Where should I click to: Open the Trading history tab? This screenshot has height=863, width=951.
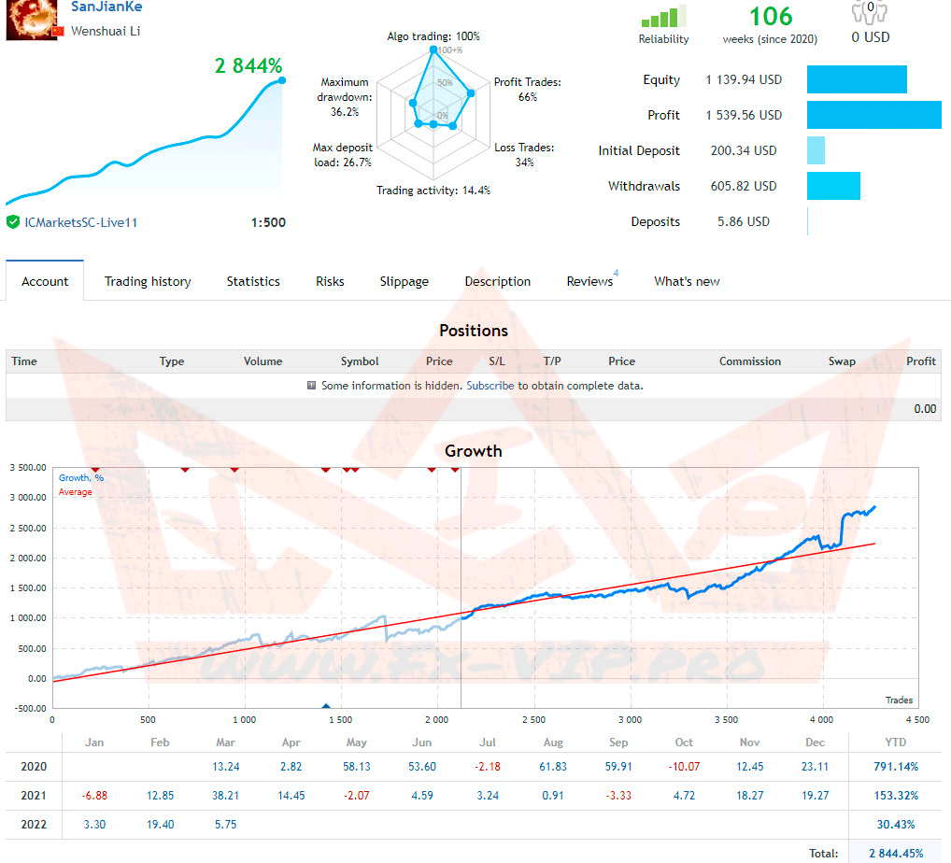(x=148, y=281)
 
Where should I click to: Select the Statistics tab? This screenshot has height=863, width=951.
(x=253, y=281)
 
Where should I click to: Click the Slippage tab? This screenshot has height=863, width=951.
(x=404, y=281)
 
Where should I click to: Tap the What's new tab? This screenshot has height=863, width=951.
(x=687, y=281)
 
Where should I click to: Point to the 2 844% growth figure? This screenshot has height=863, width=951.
(x=248, y=65)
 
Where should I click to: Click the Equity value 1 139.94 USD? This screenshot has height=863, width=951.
(x=744, y=79)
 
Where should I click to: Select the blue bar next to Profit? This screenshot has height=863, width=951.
(x=873, y=115)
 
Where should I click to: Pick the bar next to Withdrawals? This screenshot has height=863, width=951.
(x=833, y=186)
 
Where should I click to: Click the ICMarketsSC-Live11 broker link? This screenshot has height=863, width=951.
(x=81, y=222)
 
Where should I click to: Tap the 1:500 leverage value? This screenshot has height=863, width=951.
(x=268, y=222)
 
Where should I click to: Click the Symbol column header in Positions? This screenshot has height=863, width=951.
(x=360, y=361)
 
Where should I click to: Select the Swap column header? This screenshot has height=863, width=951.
(x=842, y=361)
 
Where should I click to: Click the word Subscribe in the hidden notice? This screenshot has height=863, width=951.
(x=490, y=385)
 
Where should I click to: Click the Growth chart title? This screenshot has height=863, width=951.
(x=474, y=451)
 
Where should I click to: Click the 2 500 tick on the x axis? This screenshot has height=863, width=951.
(x=533, y=720)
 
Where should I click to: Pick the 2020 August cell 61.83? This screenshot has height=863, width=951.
(x=553, y=767)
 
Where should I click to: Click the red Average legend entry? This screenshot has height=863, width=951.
(x=76, y=492)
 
